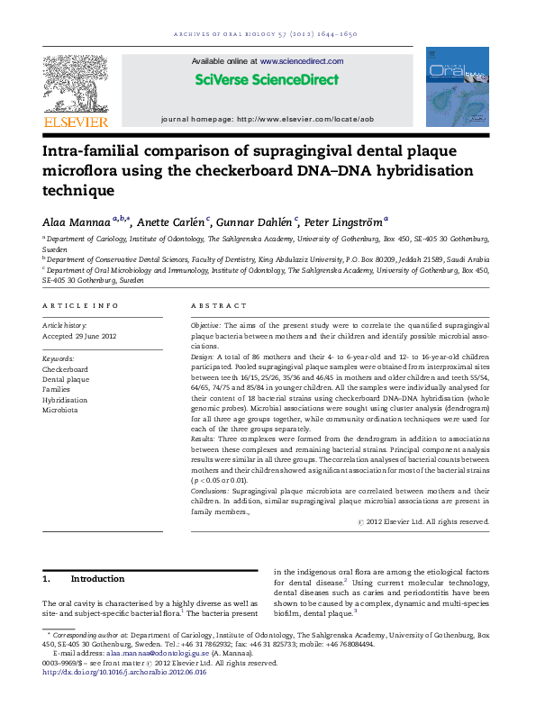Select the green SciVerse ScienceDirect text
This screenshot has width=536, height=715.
268,79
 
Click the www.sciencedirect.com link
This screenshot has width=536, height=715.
302,61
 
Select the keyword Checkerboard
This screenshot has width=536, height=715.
65,369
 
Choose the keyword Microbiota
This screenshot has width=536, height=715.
60,409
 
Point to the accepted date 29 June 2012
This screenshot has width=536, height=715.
80,336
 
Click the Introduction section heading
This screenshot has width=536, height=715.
97,578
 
